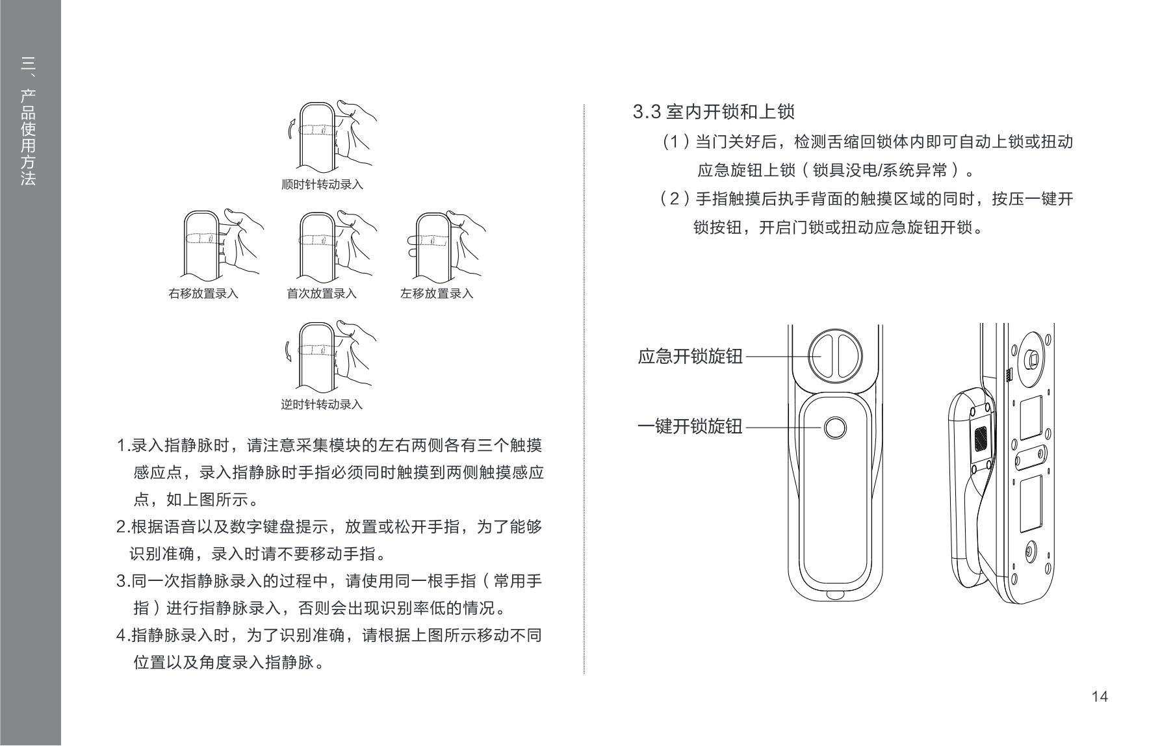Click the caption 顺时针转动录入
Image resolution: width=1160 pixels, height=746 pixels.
[x=322, y=185]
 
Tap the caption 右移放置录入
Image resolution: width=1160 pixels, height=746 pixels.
[x=203, y=294]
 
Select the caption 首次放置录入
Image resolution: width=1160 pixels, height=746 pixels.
[x=322, y=294]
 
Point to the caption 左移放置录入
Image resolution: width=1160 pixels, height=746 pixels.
[x=437, y=294]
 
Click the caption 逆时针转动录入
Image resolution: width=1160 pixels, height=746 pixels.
[x=322, y=405]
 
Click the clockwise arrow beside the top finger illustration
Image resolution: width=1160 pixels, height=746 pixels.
[x=292, y=128]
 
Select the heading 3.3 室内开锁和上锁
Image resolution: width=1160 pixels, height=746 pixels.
[x=714, y=112]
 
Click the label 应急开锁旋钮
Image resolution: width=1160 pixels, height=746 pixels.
[x=690, y=357]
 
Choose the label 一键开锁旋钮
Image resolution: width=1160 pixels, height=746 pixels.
[x=690, y=427]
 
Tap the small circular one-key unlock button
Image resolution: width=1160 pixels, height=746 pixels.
[x=835, y=428]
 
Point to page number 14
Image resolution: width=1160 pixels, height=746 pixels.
[x=1100, y=697]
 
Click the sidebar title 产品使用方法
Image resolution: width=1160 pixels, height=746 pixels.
[x=28, y=137]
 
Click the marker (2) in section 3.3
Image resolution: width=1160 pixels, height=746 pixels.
[x=674, y=199]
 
